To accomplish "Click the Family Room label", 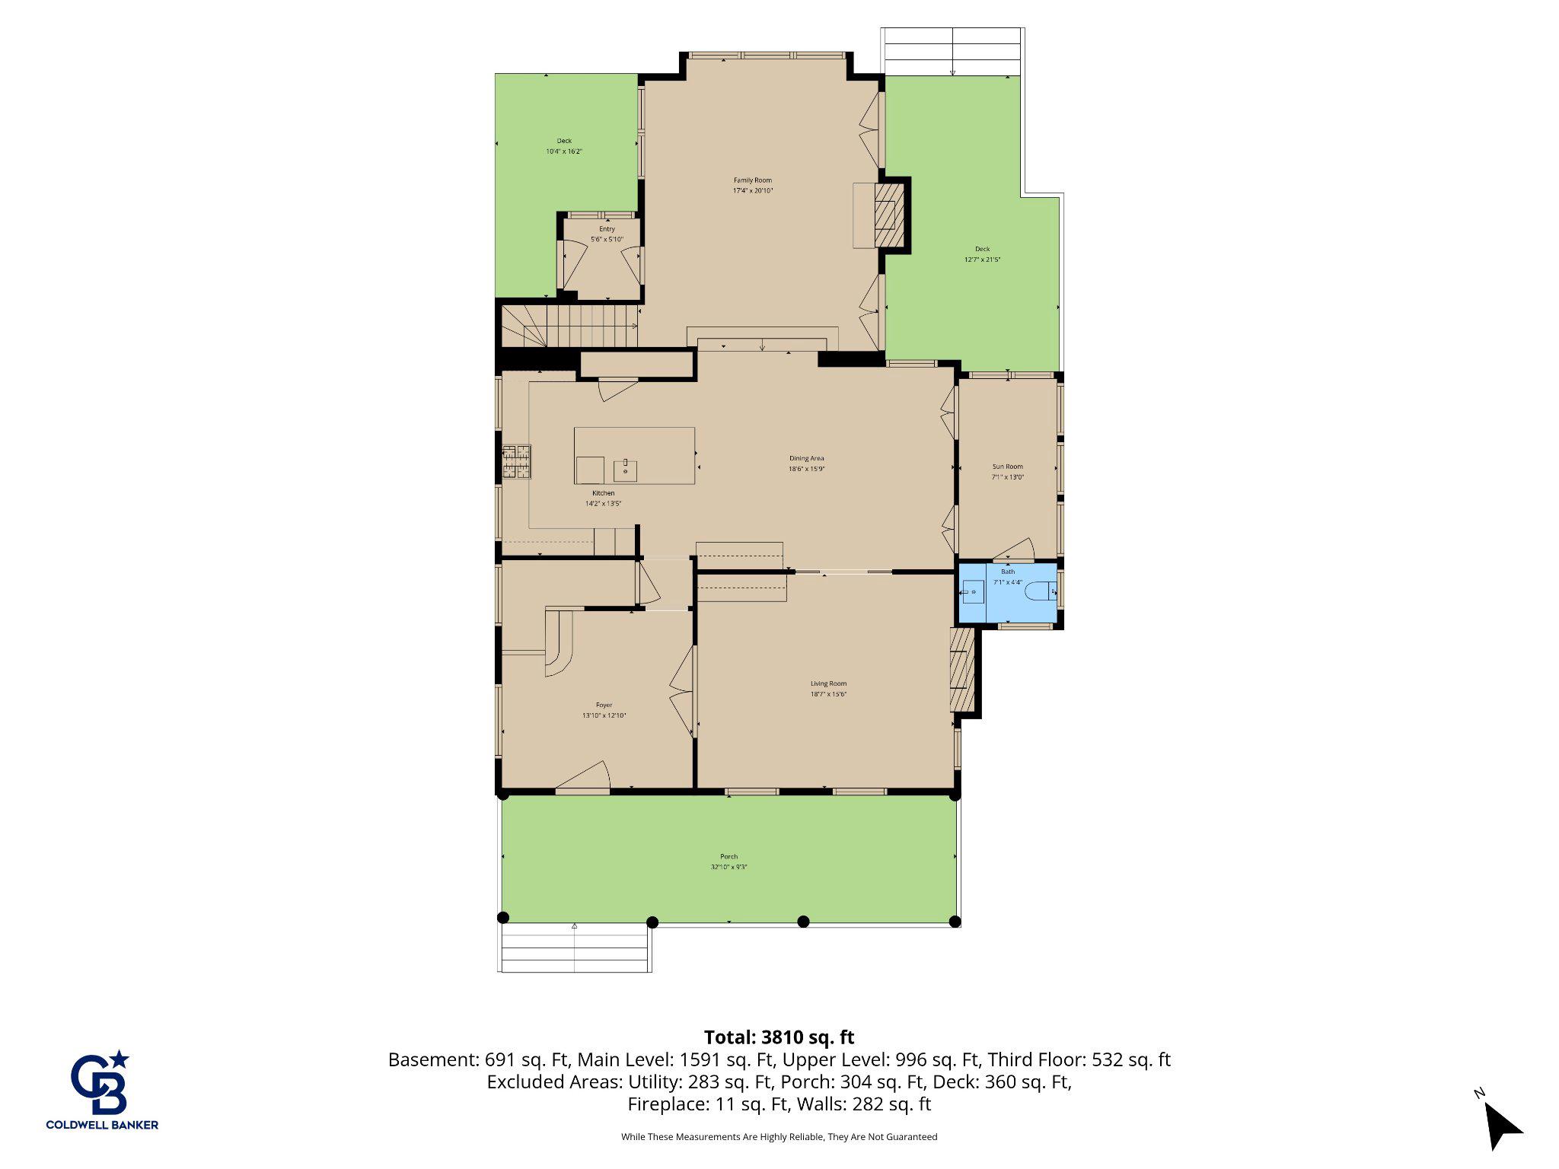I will click(x=752, y=180).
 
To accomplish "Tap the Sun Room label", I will click(x=1007, y=467).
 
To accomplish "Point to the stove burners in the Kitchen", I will click(x=516, y=462).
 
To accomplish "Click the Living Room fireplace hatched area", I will click(x=962, y=669).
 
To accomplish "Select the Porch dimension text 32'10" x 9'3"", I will click(x=728, y=867).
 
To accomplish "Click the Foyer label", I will click(x=604, y=705).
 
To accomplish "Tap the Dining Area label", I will click(x=806, y=458).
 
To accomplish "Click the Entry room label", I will click(x=607, y=229).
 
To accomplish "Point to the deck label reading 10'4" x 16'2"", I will click(x=564, y=151).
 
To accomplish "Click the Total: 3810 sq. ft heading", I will click(x=779, y=1037).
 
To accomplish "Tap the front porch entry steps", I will click(x=575, y=948).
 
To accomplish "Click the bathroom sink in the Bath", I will click(x=973, y=591).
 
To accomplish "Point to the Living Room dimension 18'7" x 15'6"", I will click(x=828, y=694).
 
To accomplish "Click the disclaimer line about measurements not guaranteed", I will click(x=779, y=1137).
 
